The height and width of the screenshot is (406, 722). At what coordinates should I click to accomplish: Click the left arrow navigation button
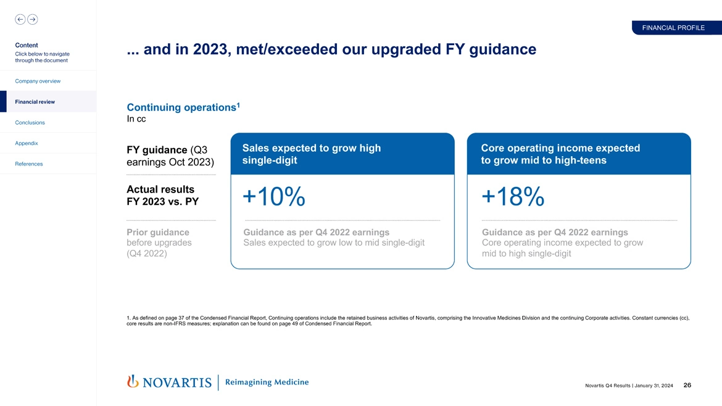[20, 19]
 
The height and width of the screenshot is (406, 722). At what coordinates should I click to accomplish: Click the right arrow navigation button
[33, 19]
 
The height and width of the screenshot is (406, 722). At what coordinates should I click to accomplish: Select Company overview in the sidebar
[38, 81]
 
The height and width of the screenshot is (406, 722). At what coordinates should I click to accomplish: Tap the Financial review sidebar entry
[35, 101]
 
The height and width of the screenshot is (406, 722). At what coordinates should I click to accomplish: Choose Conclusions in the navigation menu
[30, 122]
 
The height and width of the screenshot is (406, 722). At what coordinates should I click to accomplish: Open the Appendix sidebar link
[27, 143]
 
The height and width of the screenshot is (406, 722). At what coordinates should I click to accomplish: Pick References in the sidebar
[29, 164]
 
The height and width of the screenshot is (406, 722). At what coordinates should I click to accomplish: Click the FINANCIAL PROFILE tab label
[673, 28]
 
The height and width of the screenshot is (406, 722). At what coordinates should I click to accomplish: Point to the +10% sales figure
[274, 197]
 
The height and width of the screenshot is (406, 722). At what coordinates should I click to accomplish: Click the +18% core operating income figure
[513, 197]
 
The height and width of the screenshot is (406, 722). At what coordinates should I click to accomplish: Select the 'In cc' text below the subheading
[136, 119]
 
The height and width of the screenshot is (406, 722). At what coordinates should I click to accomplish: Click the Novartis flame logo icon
[132, 382]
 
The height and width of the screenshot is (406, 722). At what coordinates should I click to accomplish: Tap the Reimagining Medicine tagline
[267, 382]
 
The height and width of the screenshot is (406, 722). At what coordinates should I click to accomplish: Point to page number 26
[687, 386]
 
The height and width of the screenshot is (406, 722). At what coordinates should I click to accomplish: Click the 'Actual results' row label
[160, 189]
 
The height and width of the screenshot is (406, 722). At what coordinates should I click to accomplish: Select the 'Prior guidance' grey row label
[158, 233]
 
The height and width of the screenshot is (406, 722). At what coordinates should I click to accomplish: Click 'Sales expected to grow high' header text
[312, 148]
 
